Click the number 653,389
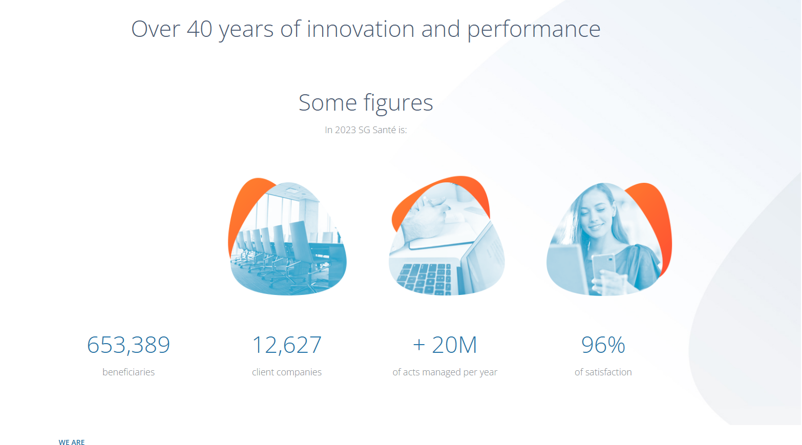129,345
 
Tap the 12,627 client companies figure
287,345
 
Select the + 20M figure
445,345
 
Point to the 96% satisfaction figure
603,345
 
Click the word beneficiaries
129,372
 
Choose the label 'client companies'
287,372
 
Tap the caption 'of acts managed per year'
445,372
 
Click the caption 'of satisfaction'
603,372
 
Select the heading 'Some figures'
366,103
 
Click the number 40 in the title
199,29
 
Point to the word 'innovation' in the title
361,29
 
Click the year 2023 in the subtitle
345,130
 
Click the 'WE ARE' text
72,442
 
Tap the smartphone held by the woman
603,267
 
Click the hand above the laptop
426,218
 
